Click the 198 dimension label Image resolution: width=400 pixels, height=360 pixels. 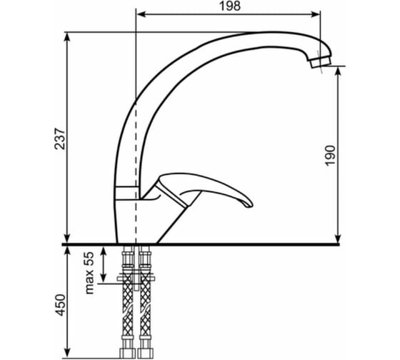pos(229,6)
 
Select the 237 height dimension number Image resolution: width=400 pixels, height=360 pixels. pos(60,139)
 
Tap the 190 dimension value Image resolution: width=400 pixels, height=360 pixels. pos(330,156)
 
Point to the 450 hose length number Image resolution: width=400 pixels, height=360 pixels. pos(60,305)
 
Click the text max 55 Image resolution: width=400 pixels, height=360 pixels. pos(89,273)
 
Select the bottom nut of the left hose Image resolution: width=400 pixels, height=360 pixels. pos(127,353)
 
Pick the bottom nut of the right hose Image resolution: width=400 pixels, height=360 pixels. pos(146,353)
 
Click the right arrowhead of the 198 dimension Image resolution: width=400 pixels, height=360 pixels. pos(316,14)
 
